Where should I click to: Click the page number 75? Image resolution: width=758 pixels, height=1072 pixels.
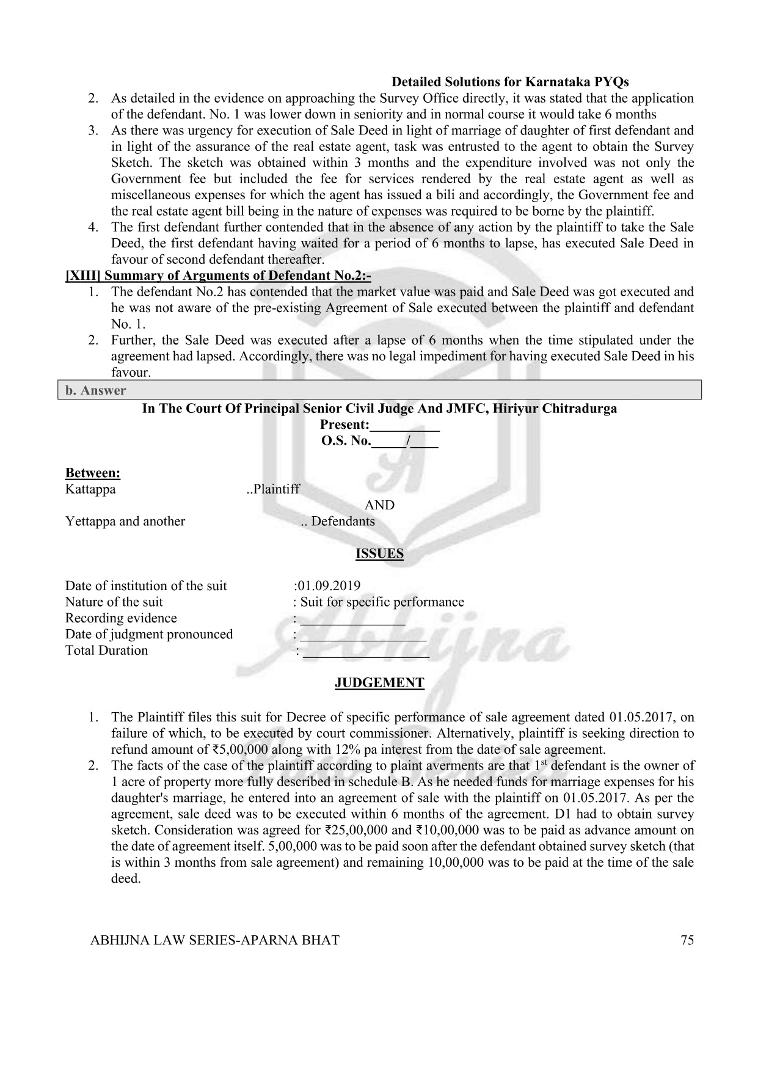pos(687,940)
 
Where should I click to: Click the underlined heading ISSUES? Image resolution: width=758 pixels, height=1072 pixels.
pos(379,553)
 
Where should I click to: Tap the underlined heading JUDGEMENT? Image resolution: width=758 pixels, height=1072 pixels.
pos(379,683)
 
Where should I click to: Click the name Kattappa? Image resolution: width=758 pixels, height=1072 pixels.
pos(90,489)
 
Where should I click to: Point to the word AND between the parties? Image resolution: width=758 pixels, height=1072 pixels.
pos(379,505)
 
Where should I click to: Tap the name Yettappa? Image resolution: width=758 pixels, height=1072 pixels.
pos(90,521)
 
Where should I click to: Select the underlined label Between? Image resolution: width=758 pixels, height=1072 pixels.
pos(92,473)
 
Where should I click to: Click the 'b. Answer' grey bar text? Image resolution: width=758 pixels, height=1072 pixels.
pos(95,390)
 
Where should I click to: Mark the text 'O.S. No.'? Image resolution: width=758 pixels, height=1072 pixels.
pos(346,441)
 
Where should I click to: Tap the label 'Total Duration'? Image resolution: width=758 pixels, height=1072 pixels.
pos(106,651)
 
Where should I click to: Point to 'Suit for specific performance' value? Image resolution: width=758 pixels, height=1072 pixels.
pos(382,602)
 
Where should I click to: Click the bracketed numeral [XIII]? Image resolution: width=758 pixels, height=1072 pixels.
pos(83,275)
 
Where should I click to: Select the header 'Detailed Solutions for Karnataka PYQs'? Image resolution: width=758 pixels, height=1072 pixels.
pos(510,82)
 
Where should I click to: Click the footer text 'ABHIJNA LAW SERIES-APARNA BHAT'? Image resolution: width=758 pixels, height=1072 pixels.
pos(214,940)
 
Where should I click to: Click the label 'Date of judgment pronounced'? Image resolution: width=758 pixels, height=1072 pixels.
pos(149,634)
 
